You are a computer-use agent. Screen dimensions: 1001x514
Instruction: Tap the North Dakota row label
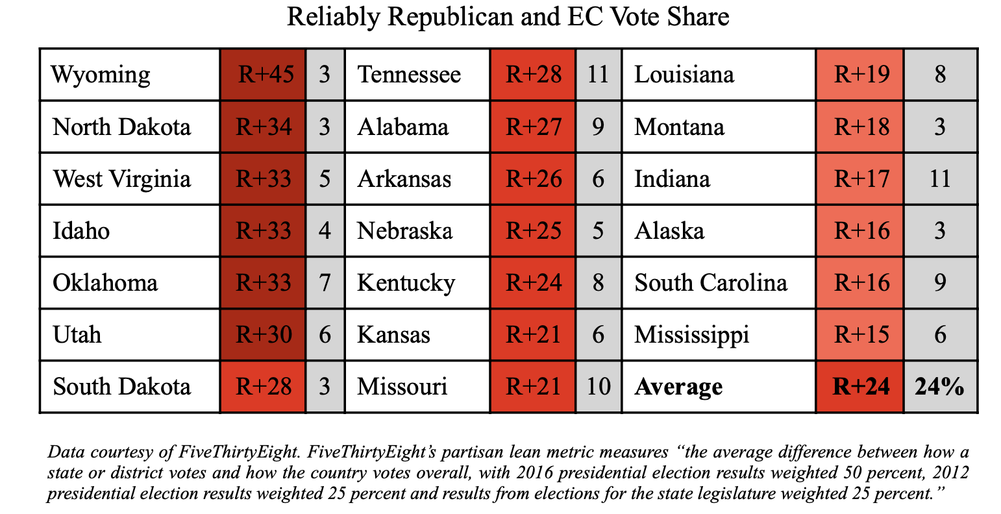click(121, 127)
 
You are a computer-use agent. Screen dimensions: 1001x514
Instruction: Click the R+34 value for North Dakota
click(264, 127)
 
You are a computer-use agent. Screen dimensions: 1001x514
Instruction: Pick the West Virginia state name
click(121, 179)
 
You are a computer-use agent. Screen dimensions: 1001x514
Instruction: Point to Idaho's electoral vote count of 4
click(325, 231)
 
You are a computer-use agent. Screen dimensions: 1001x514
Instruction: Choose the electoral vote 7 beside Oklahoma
click(325, 283)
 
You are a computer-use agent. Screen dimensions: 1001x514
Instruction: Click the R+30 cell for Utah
click(264, 334)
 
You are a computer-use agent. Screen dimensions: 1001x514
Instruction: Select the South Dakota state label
click(121, 386)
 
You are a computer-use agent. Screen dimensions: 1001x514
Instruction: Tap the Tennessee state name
click(409, 75)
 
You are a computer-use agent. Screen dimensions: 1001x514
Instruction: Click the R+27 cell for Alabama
click(534, 127)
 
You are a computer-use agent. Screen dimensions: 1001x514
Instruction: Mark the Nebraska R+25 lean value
click(534, 231)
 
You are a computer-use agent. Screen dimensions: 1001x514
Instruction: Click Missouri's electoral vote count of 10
click(599, 386)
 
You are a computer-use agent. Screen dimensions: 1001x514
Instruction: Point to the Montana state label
click(679, 127)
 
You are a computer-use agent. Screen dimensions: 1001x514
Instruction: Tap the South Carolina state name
click(711, 283)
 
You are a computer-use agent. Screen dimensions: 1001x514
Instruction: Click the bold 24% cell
click(939, 386)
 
